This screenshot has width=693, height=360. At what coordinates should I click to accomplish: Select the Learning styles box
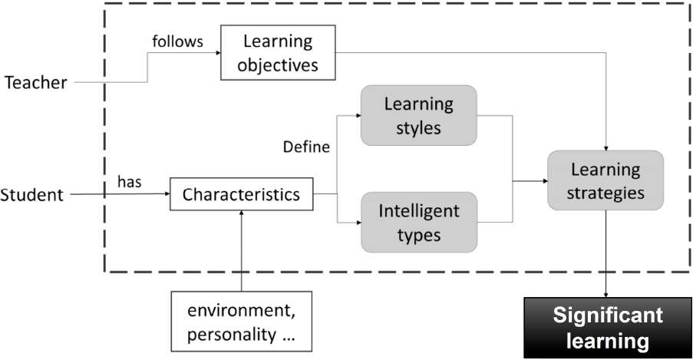click(418, 115)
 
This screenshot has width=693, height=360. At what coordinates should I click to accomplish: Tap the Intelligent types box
click(418, 222)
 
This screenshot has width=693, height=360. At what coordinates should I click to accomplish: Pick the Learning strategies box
click(606, 180)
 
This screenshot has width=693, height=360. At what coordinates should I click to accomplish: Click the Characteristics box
click(241, 195)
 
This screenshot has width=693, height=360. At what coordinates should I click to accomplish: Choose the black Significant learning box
click(609, 327)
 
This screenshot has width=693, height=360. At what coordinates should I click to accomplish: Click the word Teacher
click(36, 83)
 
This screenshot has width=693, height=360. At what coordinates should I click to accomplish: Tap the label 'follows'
click(177, 41)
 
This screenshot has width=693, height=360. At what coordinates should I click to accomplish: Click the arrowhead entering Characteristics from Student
click(165, 195)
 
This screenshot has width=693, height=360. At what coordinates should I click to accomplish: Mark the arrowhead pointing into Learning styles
click(357, 115)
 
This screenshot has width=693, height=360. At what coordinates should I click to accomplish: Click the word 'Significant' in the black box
click(609, 315)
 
